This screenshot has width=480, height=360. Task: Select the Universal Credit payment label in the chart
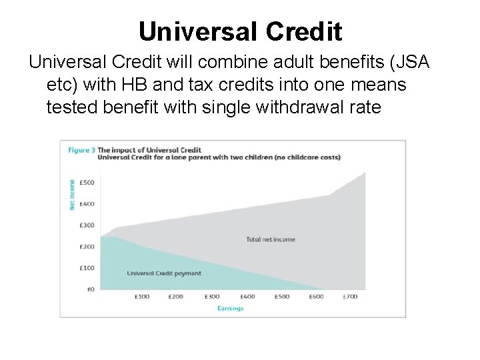pos(163,273)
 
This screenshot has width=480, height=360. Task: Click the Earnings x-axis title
pos(230,308)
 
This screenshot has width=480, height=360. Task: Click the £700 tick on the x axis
pos(351,297)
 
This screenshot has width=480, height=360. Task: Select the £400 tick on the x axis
pos(247,297)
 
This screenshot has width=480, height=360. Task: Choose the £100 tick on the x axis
pos(141,297)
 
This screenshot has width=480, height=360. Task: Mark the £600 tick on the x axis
pos(316,297)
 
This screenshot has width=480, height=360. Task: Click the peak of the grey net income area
pos(365,174)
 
